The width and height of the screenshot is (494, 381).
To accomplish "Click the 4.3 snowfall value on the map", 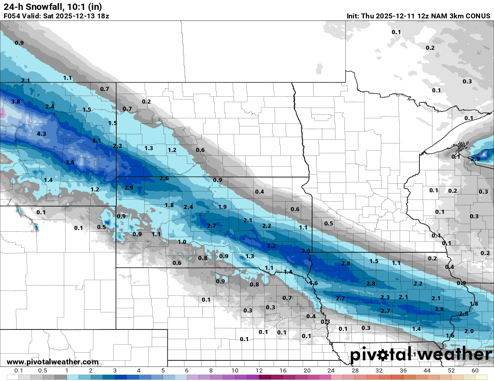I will coord(41,134).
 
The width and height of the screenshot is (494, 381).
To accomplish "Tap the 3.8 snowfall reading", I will coord(16,102).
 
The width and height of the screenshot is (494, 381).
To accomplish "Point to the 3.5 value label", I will coord(70,163).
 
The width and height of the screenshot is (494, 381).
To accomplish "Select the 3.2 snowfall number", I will coord(271,246).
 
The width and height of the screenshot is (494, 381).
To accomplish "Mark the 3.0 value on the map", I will coord(306,251).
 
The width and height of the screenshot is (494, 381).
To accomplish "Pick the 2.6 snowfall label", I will coord(164,178).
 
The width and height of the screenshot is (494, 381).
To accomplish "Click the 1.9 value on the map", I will coord(222,207).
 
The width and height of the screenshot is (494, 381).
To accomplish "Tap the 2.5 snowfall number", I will coord(464,314).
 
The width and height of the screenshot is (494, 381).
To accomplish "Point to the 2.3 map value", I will coord(385,298).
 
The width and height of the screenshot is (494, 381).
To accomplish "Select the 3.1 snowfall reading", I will coord(96,141).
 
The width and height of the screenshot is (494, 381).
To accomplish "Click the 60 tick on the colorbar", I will coord(475,371).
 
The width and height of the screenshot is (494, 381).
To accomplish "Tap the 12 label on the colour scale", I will coord(259,371).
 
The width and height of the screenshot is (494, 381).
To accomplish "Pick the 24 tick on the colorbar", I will coord(331,371).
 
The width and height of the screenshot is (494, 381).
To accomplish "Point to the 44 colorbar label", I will coord(427,371).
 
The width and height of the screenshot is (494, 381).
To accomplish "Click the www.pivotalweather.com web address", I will coord(53,362).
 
